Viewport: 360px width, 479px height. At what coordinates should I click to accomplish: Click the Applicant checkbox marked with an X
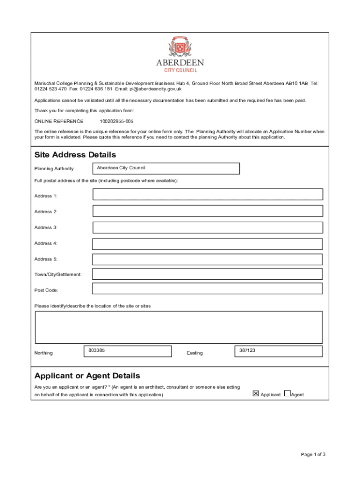pyautogui.click(x=256, y=394)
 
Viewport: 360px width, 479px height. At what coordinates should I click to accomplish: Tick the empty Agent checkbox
pyautogui.click(x=287, y=394)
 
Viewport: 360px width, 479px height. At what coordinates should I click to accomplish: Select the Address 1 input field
pyautogui.click(x=208, y=195)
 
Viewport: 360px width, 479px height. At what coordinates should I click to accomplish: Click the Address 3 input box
pyautogui.click(x=208, y=227)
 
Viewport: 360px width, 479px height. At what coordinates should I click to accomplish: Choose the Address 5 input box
pyautogui.click(x=208, y=259)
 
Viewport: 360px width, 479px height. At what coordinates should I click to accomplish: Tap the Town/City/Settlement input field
pyautogui.click(x=208, y=274)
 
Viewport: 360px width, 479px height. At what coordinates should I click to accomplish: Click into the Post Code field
pyautogui.click(x=208, y=289)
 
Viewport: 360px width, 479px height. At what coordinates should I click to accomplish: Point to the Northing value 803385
pyautogui.click(x=96, y=350)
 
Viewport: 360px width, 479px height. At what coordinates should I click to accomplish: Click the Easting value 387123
pyautogui.click(x=247, y=350)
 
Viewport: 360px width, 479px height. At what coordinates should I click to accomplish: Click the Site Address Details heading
pyautogui.click(x=75, y=155)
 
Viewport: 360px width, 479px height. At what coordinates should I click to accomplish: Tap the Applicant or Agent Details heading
pyautogui.click(x=87, y=376)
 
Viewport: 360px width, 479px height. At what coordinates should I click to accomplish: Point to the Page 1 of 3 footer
pyautogui.click(x=313, y=454)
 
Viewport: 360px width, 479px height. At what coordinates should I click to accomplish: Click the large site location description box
pyautogui.click(x=179, y=327)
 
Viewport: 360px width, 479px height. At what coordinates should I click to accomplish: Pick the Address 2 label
pyautogui.click(x=46, y=212)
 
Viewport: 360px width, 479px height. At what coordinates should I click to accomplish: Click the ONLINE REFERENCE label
pyautogui.click(x=59, y=121)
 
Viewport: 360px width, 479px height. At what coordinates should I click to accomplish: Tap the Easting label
pyautogui.click(x=194, y=353)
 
